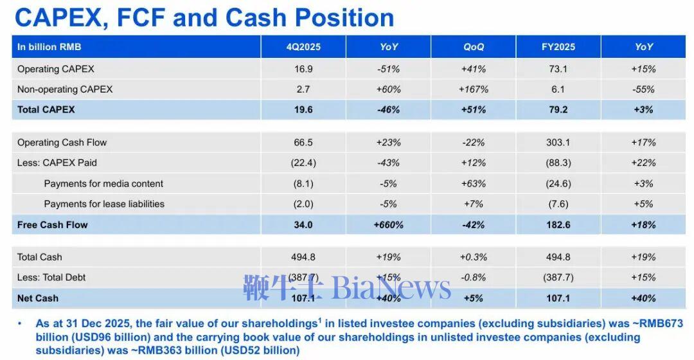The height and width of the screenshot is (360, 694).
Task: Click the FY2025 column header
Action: (558, 47)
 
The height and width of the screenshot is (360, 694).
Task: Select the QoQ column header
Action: (474, 47)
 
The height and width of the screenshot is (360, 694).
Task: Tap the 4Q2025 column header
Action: (303, 47)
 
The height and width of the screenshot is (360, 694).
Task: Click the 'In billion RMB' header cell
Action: (49, 47)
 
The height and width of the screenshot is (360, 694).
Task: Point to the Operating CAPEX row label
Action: (56, 69)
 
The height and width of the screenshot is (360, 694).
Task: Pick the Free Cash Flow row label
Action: (53, 224)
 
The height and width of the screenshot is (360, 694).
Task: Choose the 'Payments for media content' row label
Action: (103, 184)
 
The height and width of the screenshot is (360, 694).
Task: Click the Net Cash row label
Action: (38, 298)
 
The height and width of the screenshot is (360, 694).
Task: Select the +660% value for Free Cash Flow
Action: (388, 224)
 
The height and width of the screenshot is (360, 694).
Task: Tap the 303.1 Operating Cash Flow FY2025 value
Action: (558, 143)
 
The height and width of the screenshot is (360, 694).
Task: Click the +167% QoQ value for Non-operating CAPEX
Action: (474, 89)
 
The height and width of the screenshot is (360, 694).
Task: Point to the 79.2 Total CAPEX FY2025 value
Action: (558, 110)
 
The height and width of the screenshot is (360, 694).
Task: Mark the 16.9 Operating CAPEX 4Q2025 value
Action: (303, 69)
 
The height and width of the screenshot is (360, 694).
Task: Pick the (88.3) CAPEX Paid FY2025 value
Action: (558, 163)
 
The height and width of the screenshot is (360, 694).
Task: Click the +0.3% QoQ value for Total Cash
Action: (474, 257)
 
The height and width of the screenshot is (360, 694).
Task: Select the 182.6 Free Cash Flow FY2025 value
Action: (558, 224)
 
